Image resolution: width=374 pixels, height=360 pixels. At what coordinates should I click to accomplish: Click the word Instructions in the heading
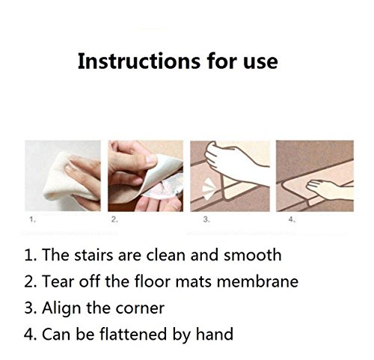tap(139, 61)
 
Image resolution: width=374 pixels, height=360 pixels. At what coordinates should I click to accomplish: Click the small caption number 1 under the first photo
tap(32, 219)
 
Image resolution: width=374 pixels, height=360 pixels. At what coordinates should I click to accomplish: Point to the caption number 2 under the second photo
tap(114, 219)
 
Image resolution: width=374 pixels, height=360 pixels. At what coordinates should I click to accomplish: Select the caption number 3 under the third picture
tap(206, 219)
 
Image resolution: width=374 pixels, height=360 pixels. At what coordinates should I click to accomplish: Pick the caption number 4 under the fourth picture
tap(292, 219)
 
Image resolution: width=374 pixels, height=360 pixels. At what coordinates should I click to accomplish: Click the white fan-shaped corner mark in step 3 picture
tap(208, 189)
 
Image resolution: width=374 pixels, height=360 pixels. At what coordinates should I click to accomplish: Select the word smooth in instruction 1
tap(252, 255)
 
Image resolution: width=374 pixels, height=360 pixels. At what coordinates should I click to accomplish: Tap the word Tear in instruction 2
tap(58, 281)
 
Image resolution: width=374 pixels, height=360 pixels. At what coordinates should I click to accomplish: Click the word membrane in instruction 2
tap(257, 281)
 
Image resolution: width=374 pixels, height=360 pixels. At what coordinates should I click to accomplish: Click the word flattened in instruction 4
tap(133, 334)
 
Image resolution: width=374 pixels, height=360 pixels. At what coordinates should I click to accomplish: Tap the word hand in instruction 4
tap(215, 334)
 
